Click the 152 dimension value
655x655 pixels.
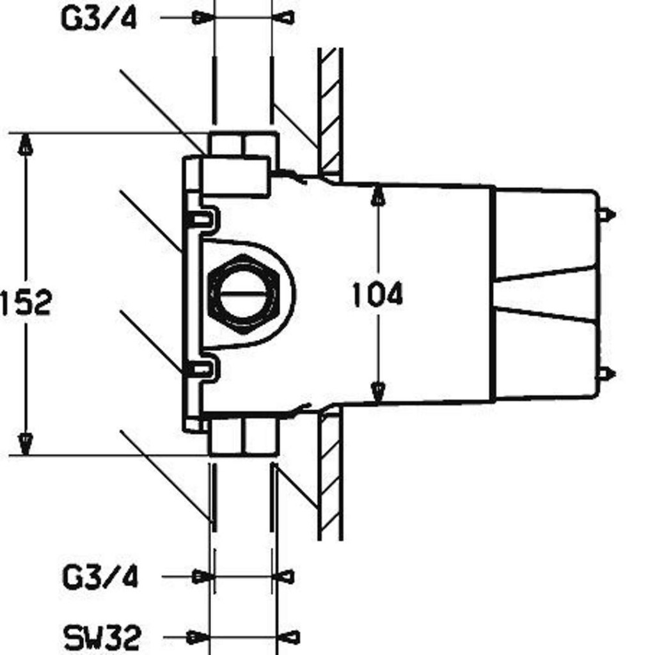point(26,303)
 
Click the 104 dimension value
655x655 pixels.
point(377,294)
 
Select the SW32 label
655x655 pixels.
point(102,637)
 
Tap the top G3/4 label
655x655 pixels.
point(99,19)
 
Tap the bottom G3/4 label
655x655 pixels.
point(100,577)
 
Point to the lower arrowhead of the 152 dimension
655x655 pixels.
point(26,444)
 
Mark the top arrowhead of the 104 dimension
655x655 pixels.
point(378,194)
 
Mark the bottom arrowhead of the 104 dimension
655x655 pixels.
point(378,393)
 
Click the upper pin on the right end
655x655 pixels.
point(606,215)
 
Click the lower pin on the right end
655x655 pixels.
point(606,374)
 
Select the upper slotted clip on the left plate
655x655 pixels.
point(203,217)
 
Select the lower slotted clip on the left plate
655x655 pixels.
point(203,368)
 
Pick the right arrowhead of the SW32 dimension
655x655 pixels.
point(289,637)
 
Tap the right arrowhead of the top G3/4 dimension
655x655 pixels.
point(284,18)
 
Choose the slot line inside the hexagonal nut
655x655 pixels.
point(243,293)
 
